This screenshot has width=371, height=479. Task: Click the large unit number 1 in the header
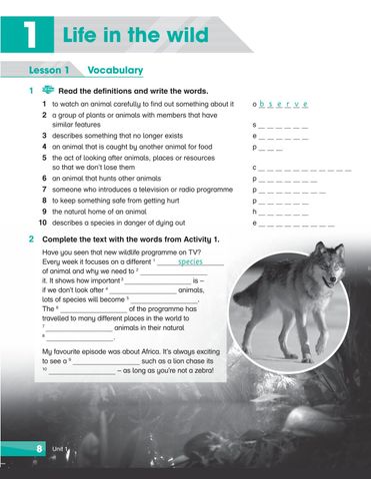coord(33,37)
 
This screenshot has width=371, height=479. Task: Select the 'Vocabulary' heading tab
coord(115,71)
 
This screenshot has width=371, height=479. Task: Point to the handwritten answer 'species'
coord(189,263)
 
